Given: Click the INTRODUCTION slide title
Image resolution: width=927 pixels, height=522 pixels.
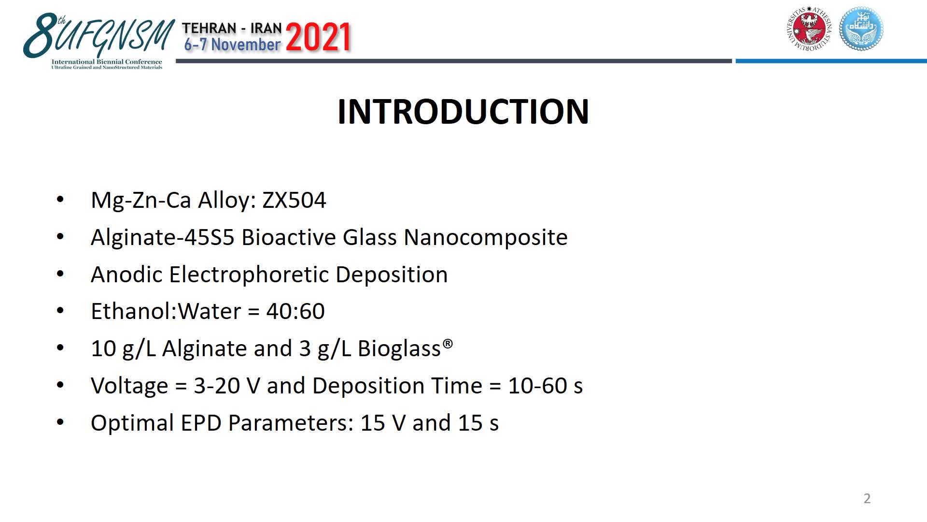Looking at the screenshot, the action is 463,112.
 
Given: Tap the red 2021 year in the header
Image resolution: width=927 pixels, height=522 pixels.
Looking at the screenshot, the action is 319,37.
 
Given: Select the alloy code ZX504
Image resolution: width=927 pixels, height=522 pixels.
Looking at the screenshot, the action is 294,200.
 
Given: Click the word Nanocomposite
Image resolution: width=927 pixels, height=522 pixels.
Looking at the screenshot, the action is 486,237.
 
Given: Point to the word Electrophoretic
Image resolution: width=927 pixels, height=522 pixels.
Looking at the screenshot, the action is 249,275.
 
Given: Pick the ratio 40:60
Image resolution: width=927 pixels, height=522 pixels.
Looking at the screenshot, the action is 295,311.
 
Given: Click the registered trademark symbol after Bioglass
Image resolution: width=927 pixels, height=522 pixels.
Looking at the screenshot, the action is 448,343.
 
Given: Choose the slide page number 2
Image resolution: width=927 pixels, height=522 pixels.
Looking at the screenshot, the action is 867,498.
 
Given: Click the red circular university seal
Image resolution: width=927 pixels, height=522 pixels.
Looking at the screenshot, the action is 809,29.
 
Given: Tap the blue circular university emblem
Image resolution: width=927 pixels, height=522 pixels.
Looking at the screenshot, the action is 861,29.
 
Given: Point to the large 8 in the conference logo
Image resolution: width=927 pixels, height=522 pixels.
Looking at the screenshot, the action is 40,35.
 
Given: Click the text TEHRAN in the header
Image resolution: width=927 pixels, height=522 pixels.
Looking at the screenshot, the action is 209,29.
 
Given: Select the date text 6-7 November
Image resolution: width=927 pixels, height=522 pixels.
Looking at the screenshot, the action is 232,44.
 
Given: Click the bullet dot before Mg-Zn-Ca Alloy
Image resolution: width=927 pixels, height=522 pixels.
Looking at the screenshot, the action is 60,199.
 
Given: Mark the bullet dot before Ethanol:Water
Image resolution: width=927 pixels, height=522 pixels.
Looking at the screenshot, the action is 60,310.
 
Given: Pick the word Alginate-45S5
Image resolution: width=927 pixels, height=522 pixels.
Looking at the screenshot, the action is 163,237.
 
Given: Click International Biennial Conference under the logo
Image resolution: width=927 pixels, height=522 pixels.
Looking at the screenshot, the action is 107,62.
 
